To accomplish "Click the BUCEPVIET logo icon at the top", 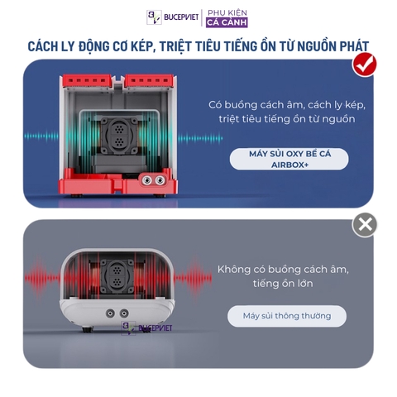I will [155, 17].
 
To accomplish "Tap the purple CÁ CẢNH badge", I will [227, 22].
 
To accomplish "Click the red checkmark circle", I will [364, 65].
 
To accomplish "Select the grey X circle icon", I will [364, 224].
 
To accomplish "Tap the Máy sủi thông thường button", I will [287, 315].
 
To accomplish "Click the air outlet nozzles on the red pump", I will [151, 179].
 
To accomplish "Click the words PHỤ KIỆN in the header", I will [227, 12].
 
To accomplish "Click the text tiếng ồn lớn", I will [283, 284].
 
